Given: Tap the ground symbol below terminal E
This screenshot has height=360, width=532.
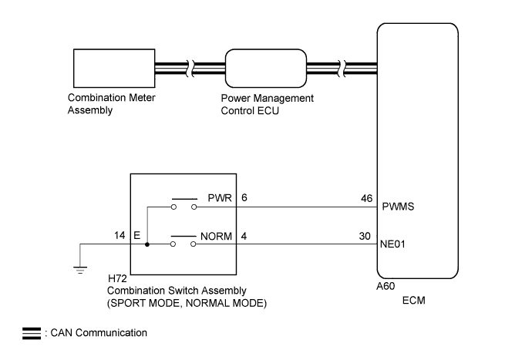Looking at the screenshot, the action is pyautogui.click(x=80, y=270).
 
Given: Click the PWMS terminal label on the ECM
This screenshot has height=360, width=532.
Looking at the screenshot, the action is pyautogui.click(x=398, y=207).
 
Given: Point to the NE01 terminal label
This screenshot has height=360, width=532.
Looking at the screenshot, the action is pyautogui.click(x=392, y=244).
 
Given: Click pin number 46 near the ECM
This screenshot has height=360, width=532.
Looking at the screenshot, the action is pyautogui.click(x=367, y=198).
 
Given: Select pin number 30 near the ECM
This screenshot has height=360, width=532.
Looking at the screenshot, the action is pyautogui.click(x=365, y=236).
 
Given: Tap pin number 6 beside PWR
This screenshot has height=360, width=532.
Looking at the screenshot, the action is pyautogui.click(x=244, y=197).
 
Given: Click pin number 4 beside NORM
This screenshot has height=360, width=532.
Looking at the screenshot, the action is pyautogui.click(x=244, y=236).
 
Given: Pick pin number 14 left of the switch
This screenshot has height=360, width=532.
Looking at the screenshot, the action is pyautogui.click(x=120, y=235).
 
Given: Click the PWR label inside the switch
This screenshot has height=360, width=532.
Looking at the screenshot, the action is pyautogui.click(x=220, y=198).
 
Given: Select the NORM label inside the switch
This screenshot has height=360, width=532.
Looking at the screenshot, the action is pyautogui.click(x=216, y=236).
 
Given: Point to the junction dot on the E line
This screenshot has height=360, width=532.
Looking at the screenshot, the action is pyautogui.click(x=147, y=244).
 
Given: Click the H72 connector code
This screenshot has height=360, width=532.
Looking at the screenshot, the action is pyautogui.click(x=117, y=278).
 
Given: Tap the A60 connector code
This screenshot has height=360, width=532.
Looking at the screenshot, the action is pyautogui.click(x=386, y=286).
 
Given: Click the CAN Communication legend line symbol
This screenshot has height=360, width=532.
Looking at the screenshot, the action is pyautogui.click(x=32, y=334).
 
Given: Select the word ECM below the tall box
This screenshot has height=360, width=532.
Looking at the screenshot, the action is pyautogui.click(x=413, y=301).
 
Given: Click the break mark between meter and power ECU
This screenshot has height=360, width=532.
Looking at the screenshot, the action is pyautogui.click(x=190, y=68).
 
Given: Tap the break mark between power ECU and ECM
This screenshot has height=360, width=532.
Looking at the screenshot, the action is pyautogui.click(x=342, y=68).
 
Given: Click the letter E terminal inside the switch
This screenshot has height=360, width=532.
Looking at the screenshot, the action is pyautogui.click(x=136, y=235).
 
